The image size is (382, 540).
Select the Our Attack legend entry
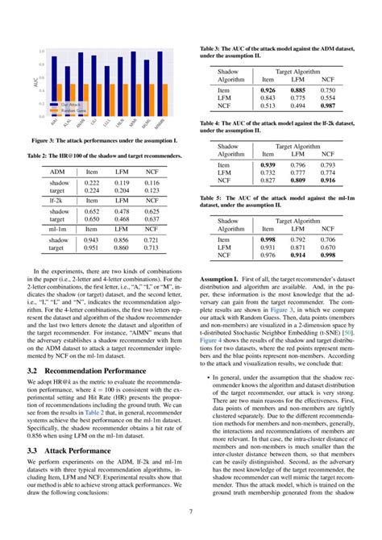[64, 103]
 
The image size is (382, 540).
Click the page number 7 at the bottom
[191, 511]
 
